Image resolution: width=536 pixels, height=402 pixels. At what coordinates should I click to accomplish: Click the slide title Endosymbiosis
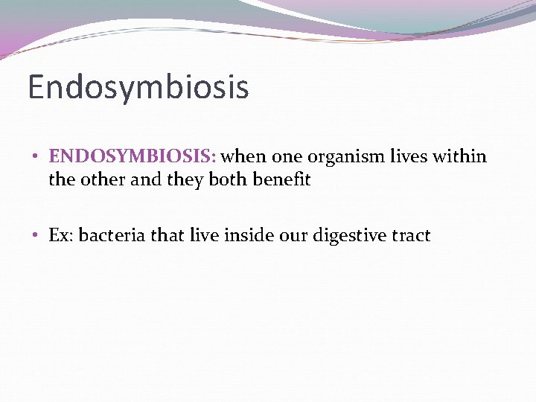138,87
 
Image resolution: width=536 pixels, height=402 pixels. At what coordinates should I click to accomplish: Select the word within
459,156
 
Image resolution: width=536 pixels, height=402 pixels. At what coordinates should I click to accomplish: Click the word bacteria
109,235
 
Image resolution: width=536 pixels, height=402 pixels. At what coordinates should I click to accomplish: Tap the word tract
411,235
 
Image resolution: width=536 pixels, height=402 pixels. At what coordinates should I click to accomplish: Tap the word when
246,156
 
